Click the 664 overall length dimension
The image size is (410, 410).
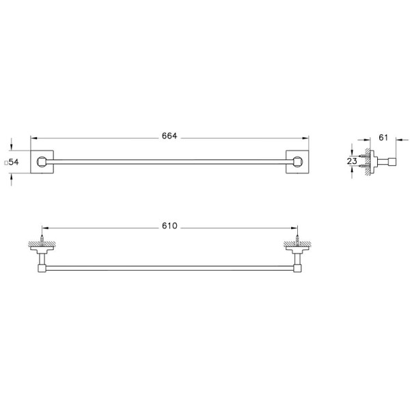169,136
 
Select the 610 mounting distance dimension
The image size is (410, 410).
169,226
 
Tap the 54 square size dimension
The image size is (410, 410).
12,162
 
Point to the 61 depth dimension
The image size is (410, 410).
383,137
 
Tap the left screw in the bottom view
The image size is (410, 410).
43,241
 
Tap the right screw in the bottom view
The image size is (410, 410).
297,241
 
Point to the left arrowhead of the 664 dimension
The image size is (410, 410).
34,137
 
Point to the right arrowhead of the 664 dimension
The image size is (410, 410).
305,137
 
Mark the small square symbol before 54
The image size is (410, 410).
5,163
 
